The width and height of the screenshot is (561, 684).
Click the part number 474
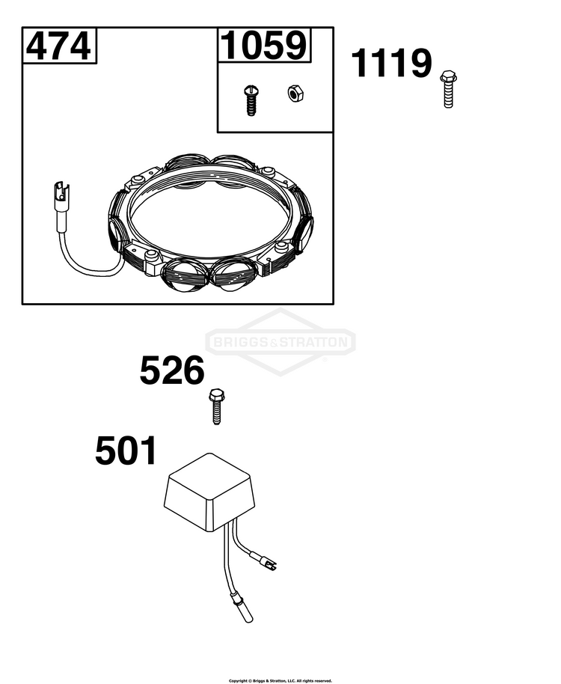(x=58, y=46)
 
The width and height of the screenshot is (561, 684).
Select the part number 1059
(x=264, y=46)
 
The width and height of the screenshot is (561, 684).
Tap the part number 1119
(x=391, y=64)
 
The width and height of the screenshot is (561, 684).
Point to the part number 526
(x=172, y=370)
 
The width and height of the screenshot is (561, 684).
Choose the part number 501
(x=126, y=451)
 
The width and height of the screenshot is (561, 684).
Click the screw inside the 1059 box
(x=250, y=100)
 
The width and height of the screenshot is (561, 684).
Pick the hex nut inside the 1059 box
(x=296, y=94)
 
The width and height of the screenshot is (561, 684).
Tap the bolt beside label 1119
(x=447, y=88)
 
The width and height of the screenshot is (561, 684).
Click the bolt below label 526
(x=216, y=406)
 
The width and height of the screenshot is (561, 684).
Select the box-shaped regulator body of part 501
(x=209, y=492)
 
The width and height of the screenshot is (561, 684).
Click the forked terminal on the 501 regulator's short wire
(x=269, y=564)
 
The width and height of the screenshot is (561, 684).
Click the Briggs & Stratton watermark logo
(x=280, y=342)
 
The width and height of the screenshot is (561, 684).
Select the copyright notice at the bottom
(x=280, y=680)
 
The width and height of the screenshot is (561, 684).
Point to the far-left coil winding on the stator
(x=117, y=222)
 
